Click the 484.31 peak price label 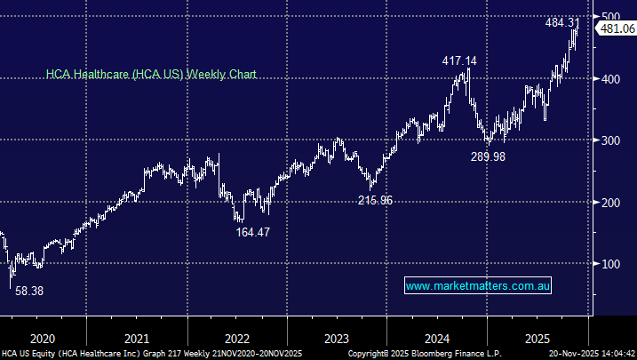(x=563, y=22)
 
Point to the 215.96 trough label (x=374, y=200)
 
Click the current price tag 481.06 (x=617, y=28)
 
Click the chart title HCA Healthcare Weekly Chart (x=151, y=76)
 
